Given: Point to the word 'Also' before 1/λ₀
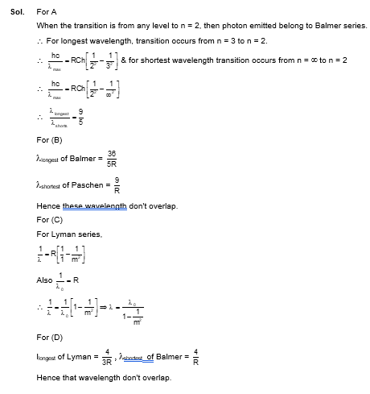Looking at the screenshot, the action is pos(45,280).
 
